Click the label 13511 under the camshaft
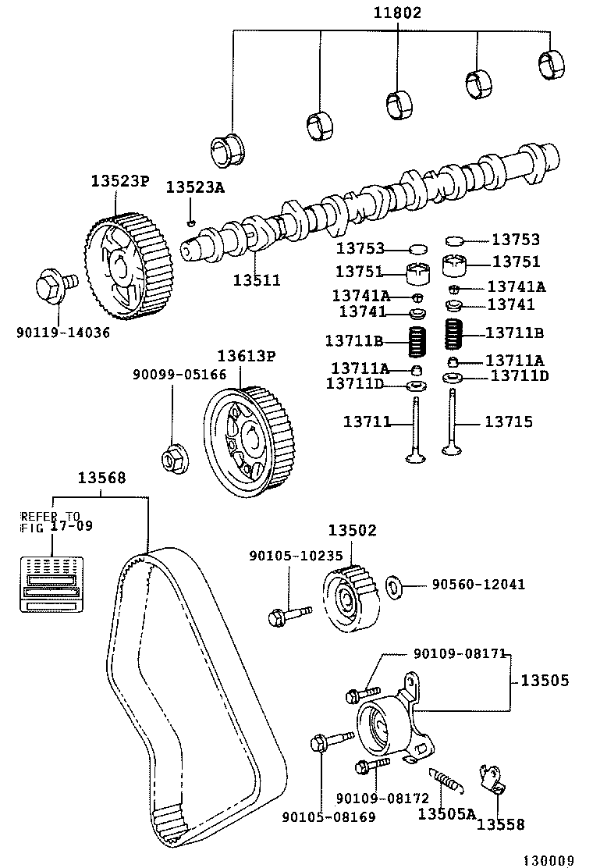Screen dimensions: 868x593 point(256,279)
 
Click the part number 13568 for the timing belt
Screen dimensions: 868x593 point(101,478)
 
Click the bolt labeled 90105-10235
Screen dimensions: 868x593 point(288,615)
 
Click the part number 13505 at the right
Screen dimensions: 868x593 point(545,680)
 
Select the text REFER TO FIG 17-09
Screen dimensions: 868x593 point(50,521)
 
